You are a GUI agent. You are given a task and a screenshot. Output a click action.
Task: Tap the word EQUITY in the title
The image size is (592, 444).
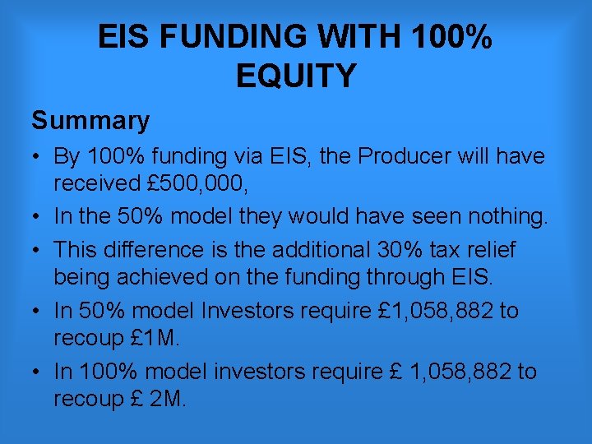coord(296,76)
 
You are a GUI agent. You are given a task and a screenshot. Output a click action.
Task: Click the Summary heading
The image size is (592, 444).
coord(90,121)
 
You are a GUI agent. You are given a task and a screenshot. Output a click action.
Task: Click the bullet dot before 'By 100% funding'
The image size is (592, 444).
coord(39,156)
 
